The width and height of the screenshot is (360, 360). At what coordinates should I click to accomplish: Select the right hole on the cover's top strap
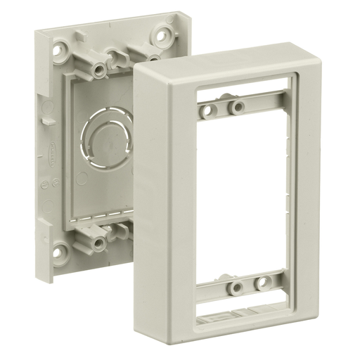(x=238, y=107)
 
